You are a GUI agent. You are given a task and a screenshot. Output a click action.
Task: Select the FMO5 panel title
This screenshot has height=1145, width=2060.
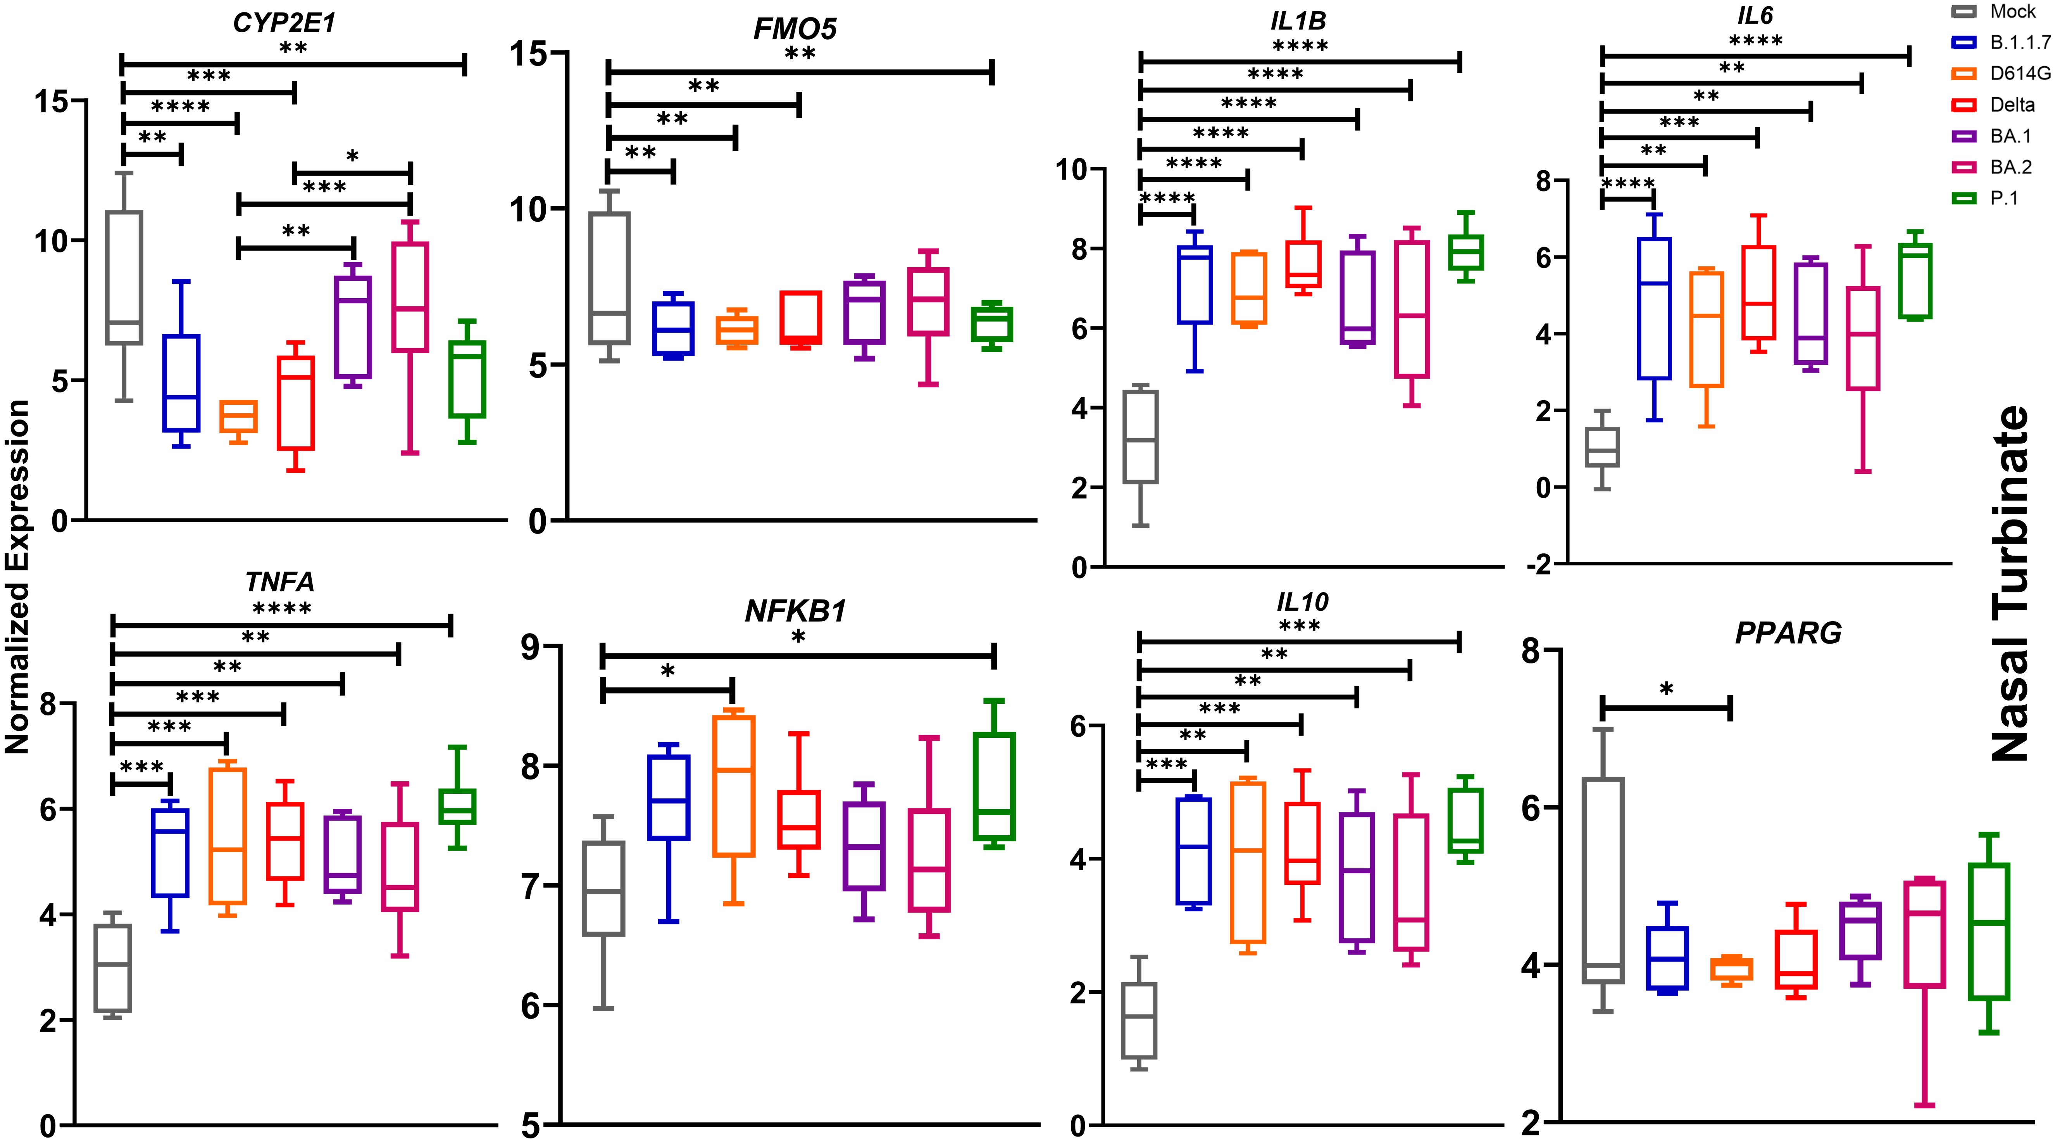(x=795, y=29)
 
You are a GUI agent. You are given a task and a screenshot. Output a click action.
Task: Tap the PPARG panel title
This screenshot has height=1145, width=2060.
(x=1788, y=634)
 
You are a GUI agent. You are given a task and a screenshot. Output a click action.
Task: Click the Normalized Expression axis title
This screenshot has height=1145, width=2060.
(x=17, y=576)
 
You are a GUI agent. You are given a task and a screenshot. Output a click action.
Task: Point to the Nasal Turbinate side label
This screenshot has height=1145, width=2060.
(x=2009, y=584)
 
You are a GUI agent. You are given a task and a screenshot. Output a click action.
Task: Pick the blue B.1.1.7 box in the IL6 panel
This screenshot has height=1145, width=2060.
(x=1654, y=308)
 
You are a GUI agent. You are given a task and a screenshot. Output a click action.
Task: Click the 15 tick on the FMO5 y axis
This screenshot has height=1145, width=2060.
(x=528, y=54)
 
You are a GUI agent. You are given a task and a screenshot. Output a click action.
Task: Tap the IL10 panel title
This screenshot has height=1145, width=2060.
(x=1302, y=602)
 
